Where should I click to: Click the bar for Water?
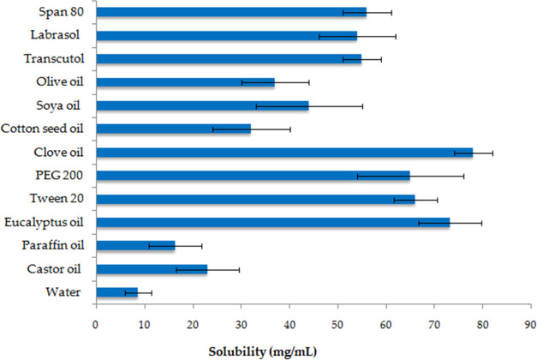tap(116, 292)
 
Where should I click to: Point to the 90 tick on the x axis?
tap(531, 324)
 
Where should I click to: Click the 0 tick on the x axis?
tap(96, 324)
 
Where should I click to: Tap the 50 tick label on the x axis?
tap(337, 324)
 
